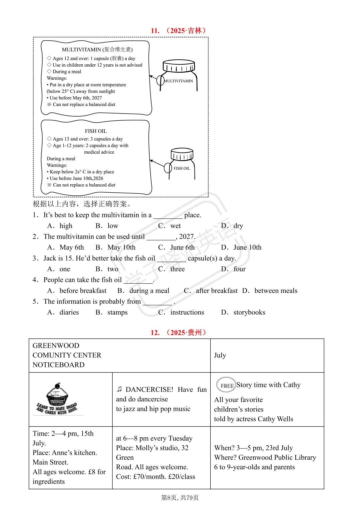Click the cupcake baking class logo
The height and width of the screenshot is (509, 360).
[x=57, y=399]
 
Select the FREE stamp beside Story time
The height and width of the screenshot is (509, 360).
[x=226, y=385]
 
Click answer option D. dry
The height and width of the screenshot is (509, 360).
[x=232, y=226]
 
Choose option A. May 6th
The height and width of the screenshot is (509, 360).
[x=66, y=247]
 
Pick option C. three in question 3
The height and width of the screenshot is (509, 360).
[x=171, y=269]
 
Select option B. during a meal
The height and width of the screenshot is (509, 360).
[x=143, y=291]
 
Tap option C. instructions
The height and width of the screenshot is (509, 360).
[x=181, y=312]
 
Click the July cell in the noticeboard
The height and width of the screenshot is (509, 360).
[x=220, y=355]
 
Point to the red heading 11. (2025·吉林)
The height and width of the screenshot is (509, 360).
[x=179, y=31]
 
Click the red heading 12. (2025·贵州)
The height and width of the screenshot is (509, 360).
[x=179, y=333]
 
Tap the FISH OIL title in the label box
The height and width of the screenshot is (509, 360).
[x=96, y=131]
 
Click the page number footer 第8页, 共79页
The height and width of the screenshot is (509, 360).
[x=180, y=498]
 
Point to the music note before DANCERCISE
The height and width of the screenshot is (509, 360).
[x=119, y=389]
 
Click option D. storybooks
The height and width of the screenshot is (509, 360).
[x=243, y=312]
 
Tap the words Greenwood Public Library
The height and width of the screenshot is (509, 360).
[x=277, y=458]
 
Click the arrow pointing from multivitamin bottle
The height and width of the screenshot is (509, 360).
[x=154, y=78]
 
